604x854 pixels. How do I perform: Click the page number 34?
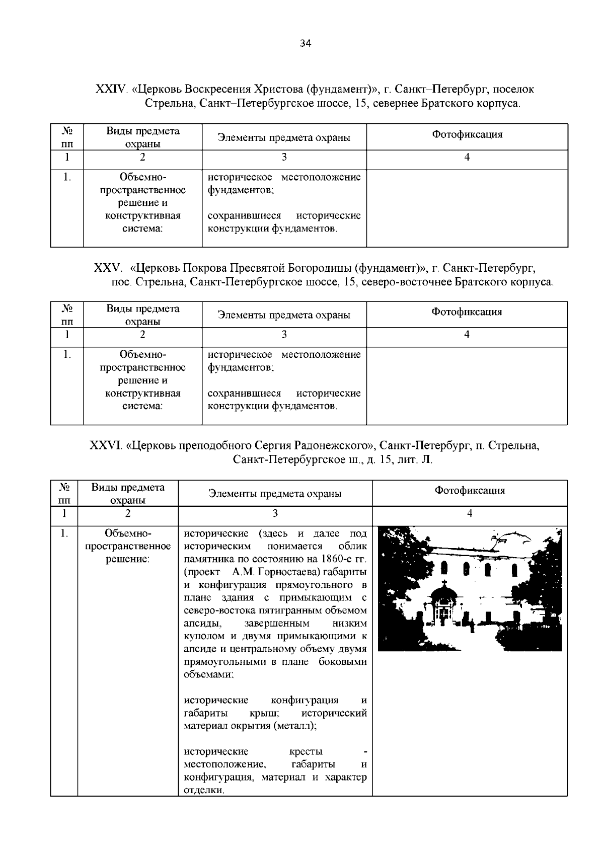tap(306, 43)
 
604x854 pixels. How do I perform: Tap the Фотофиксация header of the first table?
tap(467, 134)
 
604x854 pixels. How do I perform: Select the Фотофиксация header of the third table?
tap(470, 490)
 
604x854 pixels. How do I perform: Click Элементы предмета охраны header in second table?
tap(284, 315)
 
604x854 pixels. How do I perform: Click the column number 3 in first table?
tap(284, 158)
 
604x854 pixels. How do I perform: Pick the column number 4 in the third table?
tap(470, 513)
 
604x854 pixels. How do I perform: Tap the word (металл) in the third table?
tap(294, 726)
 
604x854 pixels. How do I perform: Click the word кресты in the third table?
tap(306, 752)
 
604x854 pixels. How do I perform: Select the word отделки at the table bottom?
tap(203, 791)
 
